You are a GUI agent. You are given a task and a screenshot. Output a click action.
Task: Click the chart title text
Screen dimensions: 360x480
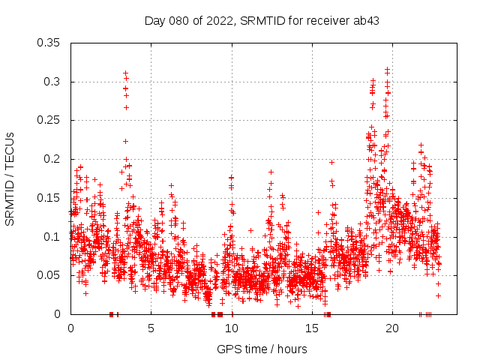262,20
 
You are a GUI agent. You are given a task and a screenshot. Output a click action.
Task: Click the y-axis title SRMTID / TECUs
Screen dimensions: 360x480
10,178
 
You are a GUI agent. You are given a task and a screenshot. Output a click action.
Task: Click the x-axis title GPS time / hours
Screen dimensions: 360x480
262,349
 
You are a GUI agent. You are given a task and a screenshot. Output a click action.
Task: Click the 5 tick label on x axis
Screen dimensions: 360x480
151,328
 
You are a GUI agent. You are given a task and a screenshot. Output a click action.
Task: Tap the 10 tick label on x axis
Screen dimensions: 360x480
232,328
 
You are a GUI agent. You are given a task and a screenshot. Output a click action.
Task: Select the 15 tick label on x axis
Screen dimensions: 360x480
312,328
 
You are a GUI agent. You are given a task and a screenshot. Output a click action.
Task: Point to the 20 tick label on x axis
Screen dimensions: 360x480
392,328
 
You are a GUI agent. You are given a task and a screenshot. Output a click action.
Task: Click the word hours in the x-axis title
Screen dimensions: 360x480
292,349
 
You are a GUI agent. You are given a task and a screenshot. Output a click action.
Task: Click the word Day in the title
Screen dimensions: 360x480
154,20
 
